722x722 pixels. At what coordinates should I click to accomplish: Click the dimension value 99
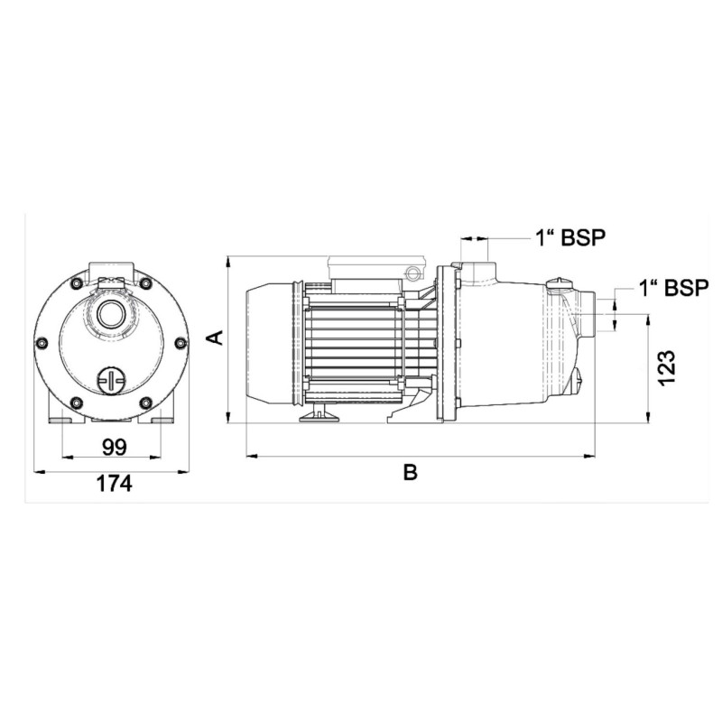point(115,447)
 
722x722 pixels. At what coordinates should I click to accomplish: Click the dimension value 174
point(114,484)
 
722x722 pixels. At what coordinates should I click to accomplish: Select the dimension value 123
point(666,367)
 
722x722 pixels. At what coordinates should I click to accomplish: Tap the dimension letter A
point(215,337)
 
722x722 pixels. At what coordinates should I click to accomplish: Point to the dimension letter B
point(411,472)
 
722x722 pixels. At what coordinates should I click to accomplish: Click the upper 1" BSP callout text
point(570,238)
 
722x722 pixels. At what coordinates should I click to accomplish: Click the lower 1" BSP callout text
point(673,288)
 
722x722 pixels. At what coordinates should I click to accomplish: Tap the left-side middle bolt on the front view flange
point(42,343)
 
